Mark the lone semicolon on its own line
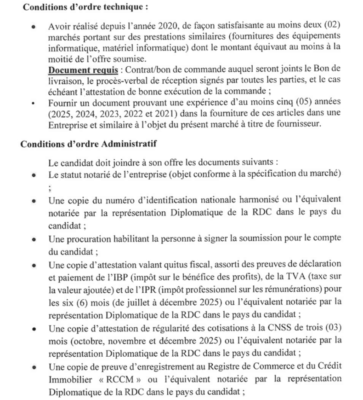point(49,187)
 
